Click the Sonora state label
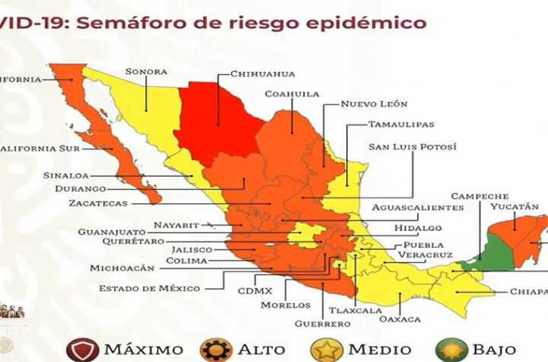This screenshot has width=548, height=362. (146, 72)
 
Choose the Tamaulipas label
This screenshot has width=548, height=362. (402, 123)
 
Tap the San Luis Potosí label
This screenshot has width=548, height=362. (413, 146)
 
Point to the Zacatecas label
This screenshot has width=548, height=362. (97, 203)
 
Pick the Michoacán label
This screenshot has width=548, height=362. (122, 268)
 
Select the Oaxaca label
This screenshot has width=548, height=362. (399, 318)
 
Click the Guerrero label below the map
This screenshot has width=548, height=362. (324, 323)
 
